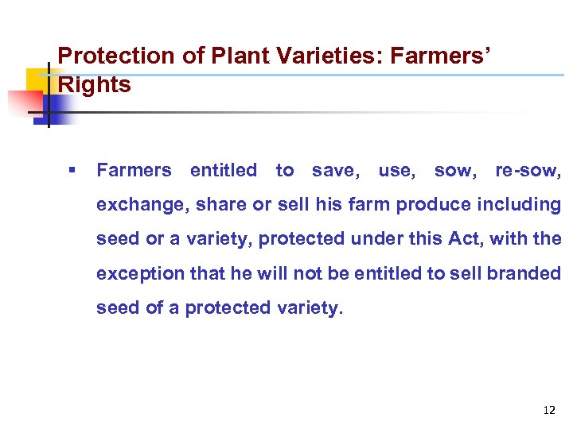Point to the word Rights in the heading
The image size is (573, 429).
tap(95, 85)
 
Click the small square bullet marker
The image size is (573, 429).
tap(72, 170)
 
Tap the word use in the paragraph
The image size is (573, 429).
tap(395, 170)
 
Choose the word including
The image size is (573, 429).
tap(519, 204)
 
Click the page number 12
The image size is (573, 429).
tap(548, 410)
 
